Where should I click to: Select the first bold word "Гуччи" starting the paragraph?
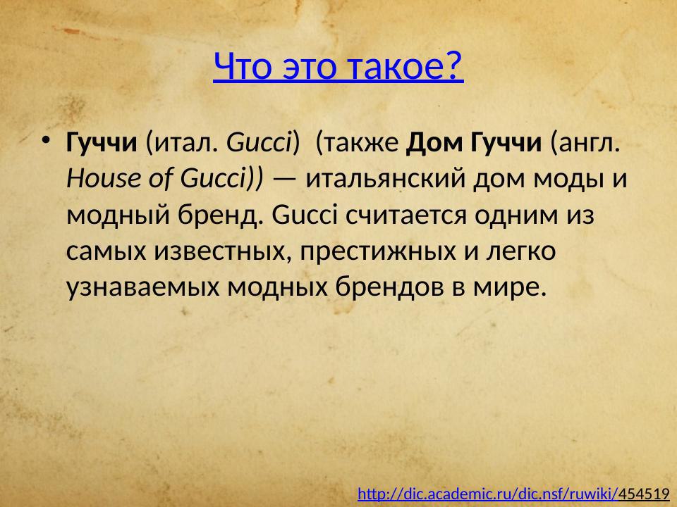point(101,144)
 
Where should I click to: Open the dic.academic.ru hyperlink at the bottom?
point(488,494)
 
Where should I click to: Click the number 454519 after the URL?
point(644,494)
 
